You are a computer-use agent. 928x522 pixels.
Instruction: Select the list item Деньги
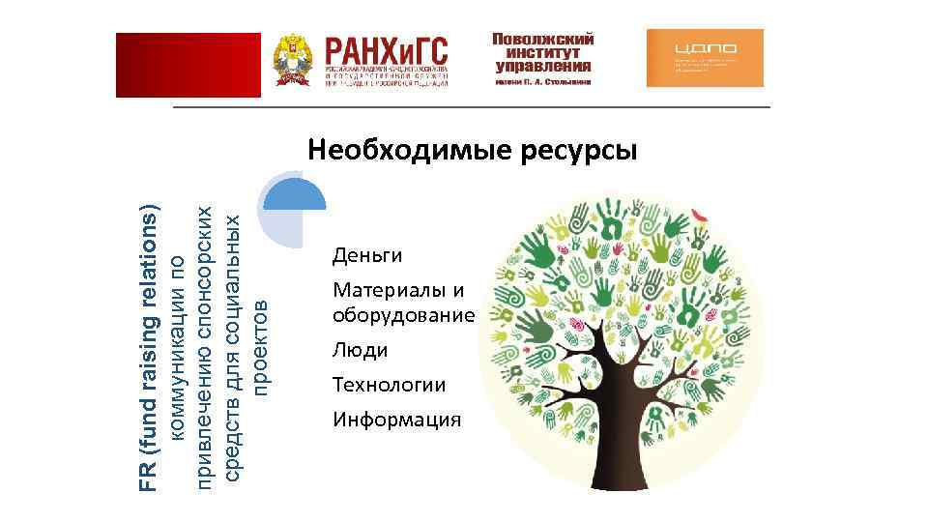click(x=366, y=256)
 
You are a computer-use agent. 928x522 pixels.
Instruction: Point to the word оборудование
click(x=403, y=316)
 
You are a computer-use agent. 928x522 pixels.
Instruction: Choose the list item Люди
click(x=360, y=350)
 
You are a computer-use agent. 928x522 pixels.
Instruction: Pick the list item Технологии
click(x=389, y=386)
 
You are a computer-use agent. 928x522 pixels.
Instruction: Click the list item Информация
click(x=396, y=420)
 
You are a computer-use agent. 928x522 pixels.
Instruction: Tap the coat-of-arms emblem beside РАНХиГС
click(x=291, y=61)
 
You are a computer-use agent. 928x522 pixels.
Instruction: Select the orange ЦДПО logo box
click(x=704, y=58)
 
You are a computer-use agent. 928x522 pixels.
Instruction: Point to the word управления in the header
click(x=542, y=67)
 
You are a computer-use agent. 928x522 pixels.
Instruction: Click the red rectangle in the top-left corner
click(x=188, y=65)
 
